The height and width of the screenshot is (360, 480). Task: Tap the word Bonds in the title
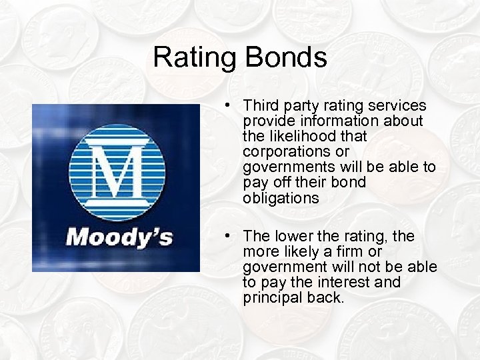point(285,57)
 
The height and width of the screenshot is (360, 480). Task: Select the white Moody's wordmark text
point(119,236)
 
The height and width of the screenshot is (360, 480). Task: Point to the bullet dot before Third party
point(228,106)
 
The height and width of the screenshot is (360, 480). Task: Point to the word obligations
point(281,199)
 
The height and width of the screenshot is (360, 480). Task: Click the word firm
point(351,252)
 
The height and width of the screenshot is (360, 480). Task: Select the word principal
point(271,298)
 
